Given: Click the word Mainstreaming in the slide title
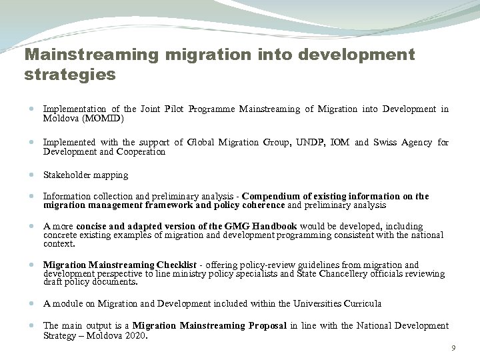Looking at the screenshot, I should [83, 54].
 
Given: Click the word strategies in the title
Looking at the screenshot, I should [70, 75].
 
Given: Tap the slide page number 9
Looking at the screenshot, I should [453, 349].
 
